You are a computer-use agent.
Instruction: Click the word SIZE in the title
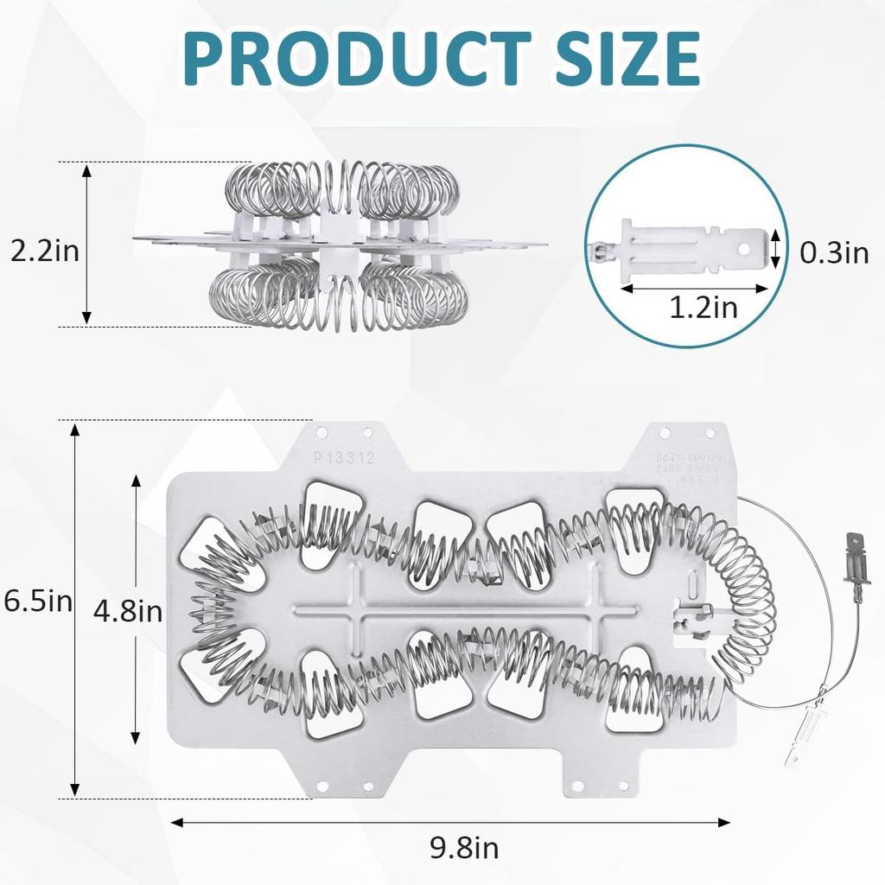tap(615, 59)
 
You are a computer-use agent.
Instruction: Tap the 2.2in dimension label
tap(44, 251)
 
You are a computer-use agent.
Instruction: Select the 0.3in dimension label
tap(833, 252)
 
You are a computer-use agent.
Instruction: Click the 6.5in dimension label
tap(37, 601)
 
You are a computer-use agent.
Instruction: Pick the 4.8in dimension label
tap(127, 612)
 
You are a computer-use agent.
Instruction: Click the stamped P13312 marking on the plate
tap(346, 458)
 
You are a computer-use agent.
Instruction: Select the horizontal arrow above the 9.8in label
tap(450, 823)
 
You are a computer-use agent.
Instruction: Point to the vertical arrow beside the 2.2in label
tap(86, 245)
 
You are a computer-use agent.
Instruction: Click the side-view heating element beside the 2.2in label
tap(341, 245)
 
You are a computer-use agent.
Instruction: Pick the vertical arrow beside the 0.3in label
tap(776, 248)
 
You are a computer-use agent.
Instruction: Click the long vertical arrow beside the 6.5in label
tap(75, 609)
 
